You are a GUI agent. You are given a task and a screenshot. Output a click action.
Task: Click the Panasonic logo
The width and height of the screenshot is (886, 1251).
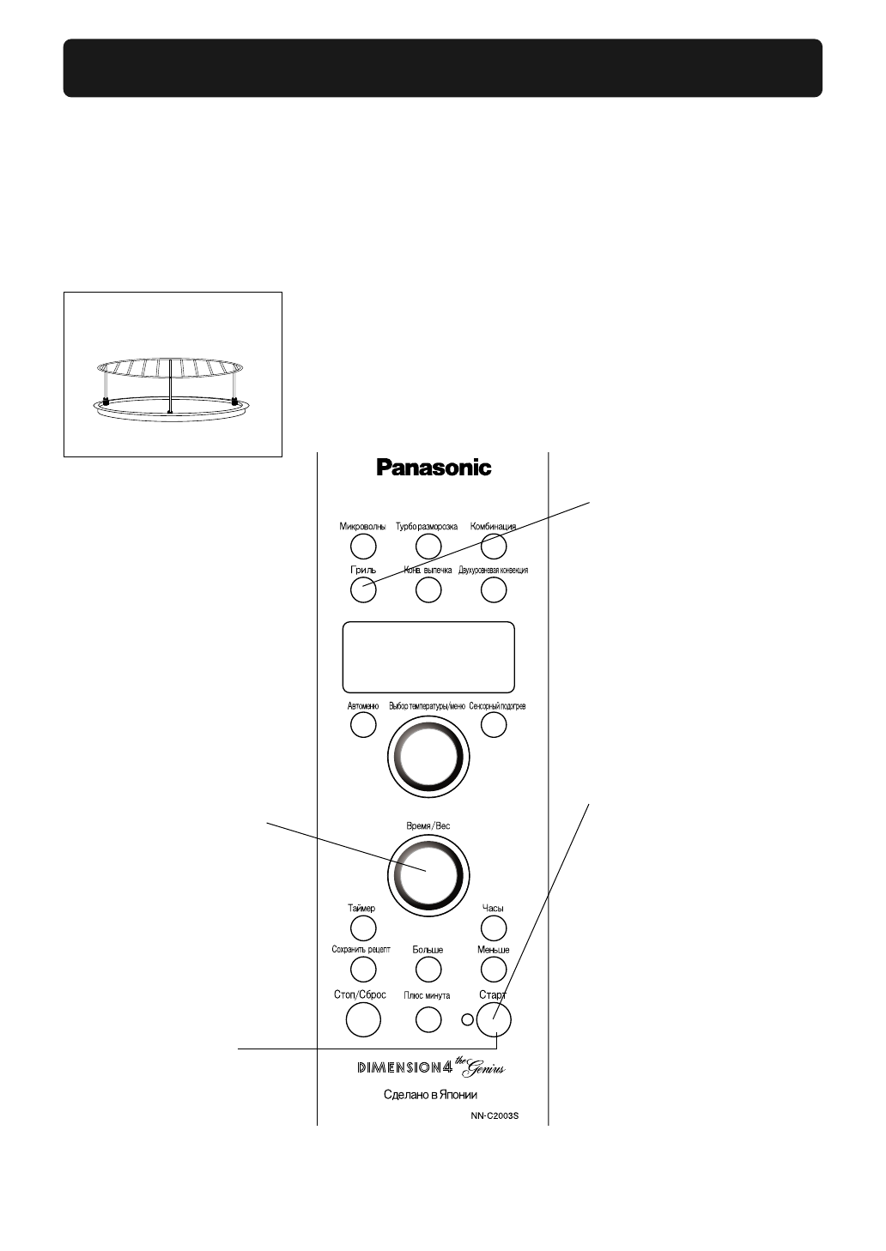point(434,468)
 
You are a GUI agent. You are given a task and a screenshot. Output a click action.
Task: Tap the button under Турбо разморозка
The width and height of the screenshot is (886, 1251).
point(428,546)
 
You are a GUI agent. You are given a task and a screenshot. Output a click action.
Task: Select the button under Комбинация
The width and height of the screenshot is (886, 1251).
point(493,546)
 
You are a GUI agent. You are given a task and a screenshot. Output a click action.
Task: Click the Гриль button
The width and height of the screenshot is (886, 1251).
point(363,589)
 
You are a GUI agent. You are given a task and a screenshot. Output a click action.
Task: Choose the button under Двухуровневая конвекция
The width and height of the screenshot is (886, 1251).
point(493,589)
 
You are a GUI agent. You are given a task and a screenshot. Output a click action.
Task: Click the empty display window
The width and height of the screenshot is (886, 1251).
point(428,656)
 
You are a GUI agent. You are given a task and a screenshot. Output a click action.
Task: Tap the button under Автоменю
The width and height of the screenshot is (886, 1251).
point(363,725)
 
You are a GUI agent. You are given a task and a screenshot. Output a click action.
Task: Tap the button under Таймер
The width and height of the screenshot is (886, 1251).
point(363,928)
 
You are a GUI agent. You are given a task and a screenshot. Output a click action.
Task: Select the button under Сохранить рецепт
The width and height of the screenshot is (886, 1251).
point(363,969)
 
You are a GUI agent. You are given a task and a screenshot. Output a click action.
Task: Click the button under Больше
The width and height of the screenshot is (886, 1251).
point(428,969)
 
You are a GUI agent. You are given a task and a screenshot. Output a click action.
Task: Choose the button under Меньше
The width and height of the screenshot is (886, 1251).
point(493,969)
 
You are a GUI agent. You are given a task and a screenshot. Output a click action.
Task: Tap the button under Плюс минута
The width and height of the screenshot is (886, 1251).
point(428,1018)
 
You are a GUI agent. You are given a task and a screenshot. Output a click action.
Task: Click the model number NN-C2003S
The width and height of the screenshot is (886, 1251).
point(495,1116)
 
